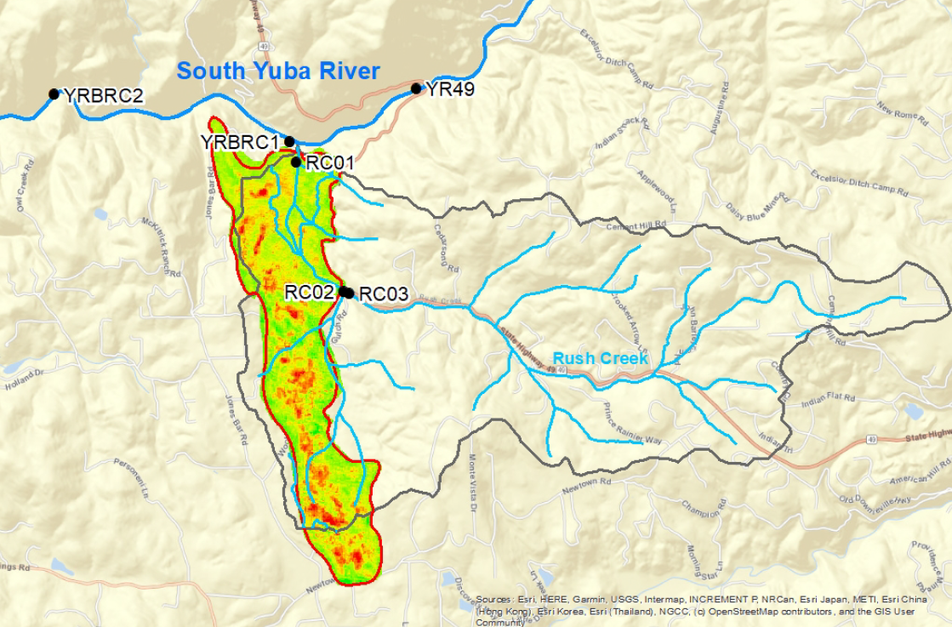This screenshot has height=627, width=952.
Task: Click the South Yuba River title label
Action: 278,72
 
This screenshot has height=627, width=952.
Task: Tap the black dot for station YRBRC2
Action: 54,94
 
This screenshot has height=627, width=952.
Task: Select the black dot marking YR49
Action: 416,88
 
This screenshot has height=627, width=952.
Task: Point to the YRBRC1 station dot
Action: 289,141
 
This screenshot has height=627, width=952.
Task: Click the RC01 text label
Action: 329,162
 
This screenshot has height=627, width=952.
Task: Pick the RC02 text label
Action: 308,291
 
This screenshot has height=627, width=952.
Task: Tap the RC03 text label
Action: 384,294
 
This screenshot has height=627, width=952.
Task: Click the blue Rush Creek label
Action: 600,359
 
